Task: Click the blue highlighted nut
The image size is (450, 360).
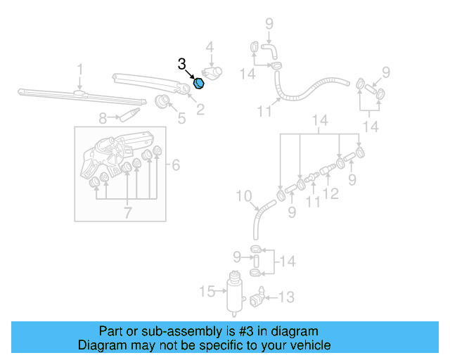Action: tap(199, 84)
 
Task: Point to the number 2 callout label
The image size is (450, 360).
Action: tap(200, 109)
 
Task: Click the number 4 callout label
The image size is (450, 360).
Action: tap(209, 47)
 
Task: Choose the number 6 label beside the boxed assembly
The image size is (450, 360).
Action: tap(176, 165)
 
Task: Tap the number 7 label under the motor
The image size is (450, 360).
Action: tap(127, 212)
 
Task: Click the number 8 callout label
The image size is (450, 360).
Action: tap(103, 118)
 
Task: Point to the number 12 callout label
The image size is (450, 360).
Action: tap(331, 193)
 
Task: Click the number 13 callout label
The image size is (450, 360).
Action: tap(286, 297)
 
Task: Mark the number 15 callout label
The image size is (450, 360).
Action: tap(206, 290)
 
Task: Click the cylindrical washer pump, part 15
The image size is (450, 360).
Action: tap(232, 290)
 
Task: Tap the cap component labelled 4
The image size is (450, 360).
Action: tap(212, 72)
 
